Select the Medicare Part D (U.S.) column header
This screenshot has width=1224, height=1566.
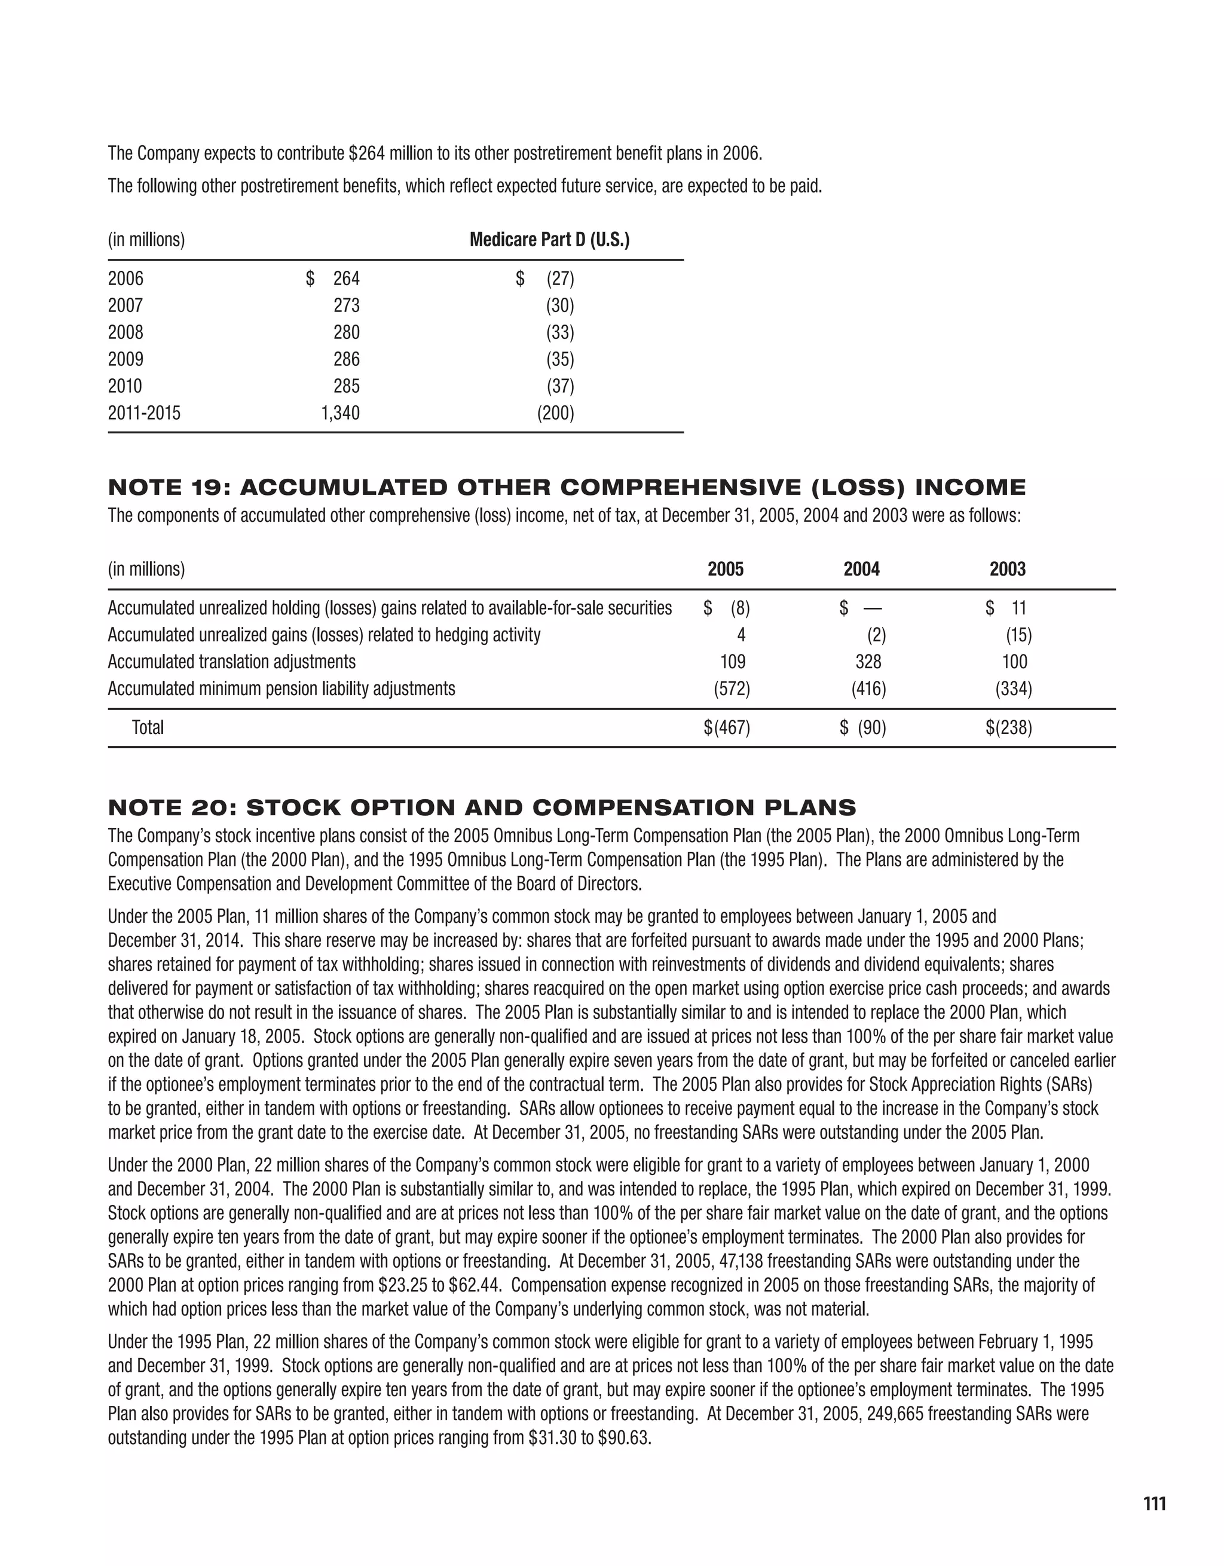[x=549, y=240]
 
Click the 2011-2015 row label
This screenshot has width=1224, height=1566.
[x=144, y=413]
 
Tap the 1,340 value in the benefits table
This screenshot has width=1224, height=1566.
[x=341, y=413]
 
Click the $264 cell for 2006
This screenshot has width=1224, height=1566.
[x=333, y=278]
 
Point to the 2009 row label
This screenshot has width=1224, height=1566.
[x=126, y=359]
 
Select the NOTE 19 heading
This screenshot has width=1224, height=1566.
[x=567, y=488]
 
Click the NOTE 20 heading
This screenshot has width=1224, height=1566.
[x=482, y=808]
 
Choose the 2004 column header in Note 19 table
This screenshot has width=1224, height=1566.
[x=861, y=570]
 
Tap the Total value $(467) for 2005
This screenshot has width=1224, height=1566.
[x=726, y=728]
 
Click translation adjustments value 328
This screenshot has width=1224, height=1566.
[x=868, y=662]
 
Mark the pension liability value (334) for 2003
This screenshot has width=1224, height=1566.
[x=1013, y=689]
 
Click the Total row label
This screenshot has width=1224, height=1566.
[x=148, y=728]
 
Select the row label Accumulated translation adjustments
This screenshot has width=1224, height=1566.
[x=232, y=662]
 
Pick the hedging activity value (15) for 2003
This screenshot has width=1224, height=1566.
[x=1018, y=635]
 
